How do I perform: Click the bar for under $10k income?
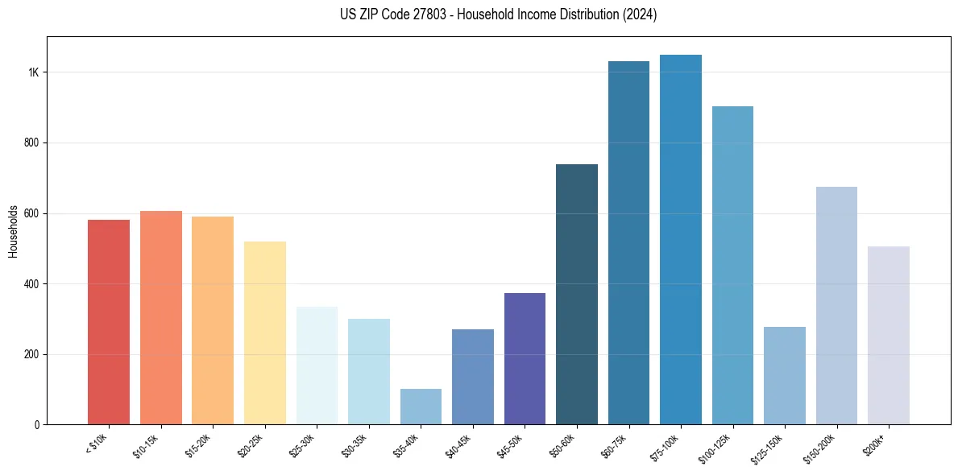point(108,322)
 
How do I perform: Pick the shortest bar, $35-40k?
point(421,407)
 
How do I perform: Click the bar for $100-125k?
point(732,266)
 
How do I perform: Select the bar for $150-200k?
point(836,306)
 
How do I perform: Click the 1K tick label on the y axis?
point(34,72)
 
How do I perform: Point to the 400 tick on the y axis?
point(31,284)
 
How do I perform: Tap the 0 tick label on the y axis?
point(37,425)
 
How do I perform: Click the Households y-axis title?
point(14,231)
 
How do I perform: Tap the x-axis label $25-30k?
point(302,445)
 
